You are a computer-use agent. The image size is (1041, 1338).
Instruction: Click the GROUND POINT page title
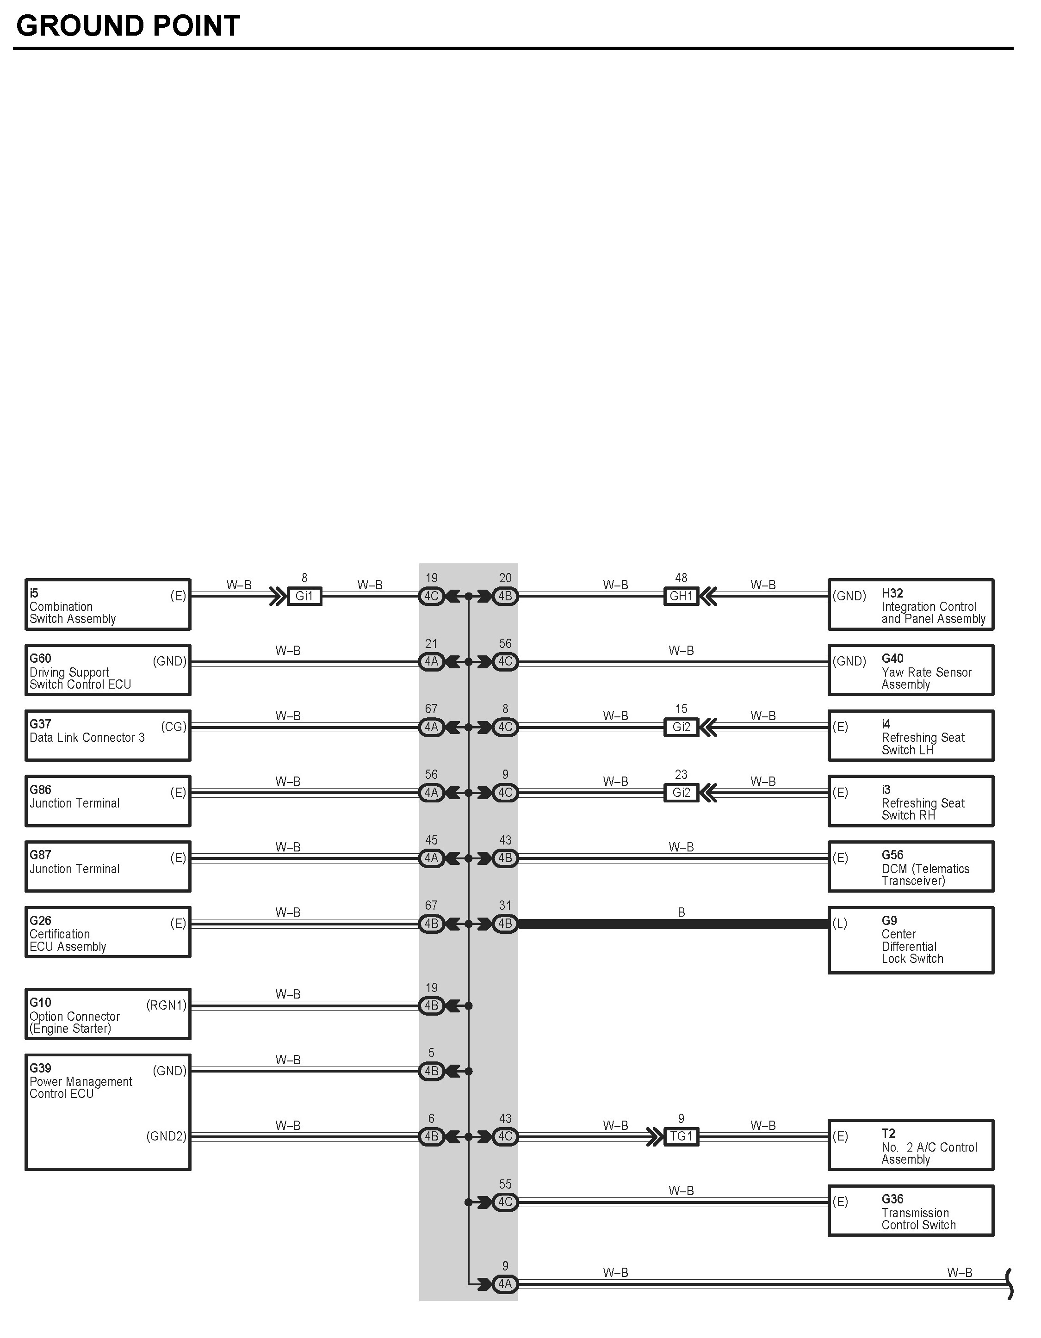(x=127, y=26)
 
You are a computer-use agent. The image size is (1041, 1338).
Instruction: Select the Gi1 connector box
(x=304, y=596)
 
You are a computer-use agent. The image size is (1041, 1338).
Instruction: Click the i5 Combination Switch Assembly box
(x=108, y=604)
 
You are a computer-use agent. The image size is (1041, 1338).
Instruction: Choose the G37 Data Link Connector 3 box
(x=108, y=735)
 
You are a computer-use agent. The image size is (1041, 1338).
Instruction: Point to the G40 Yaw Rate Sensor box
(x=911, y=670)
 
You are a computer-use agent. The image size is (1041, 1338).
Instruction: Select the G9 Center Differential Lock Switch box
(x=911, y=940)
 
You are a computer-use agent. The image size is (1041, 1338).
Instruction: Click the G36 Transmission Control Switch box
(x=911, y=1210)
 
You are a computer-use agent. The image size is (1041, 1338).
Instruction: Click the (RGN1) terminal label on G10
(x=166, y=1005)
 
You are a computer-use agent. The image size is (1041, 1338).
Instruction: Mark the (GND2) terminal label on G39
(x=166, y=1136)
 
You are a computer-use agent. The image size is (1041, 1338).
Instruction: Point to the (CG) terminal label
(x=173, y=727)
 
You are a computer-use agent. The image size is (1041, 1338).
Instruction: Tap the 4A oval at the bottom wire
(x=505, y=1284)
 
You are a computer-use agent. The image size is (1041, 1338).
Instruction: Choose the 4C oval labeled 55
(x=505, y=1202)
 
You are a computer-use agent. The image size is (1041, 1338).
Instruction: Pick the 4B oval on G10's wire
(x=431, y=1005)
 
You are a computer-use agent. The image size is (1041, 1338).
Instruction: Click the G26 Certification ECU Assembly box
(x=108, y=932)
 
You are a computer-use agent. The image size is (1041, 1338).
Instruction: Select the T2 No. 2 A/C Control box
(x=911, y=1145)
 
